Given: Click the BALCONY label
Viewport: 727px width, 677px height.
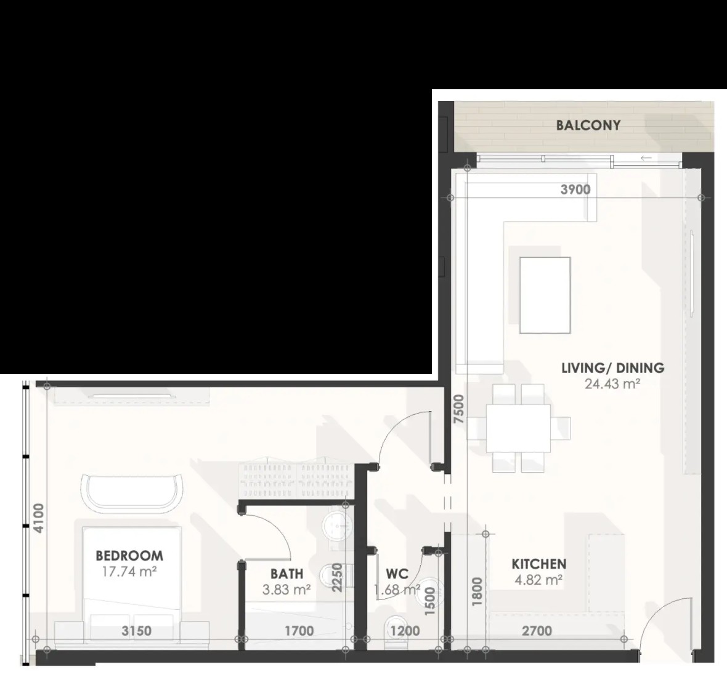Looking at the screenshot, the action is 588,125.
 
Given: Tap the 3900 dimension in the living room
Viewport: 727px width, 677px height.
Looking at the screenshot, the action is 575,190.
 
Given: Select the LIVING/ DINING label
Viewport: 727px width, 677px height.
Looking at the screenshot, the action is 613,368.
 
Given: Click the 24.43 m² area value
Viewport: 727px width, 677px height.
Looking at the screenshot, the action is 612,384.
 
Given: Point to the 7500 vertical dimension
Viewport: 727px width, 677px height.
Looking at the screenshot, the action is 459,409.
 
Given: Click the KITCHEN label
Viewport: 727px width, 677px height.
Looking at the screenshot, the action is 538,564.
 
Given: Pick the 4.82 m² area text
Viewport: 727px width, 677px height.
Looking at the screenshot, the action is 538,580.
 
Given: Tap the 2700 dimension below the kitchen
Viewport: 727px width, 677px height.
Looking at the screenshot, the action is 537,631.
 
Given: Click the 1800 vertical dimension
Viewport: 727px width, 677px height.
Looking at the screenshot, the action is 478,591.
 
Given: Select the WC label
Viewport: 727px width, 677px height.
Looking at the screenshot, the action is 397,574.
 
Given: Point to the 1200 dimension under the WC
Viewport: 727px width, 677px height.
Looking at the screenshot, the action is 405,631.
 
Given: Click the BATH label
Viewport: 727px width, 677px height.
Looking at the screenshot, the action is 286,574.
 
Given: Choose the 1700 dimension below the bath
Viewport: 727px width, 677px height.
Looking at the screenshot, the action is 299,631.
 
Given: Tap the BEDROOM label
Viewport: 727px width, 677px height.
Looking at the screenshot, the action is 129,555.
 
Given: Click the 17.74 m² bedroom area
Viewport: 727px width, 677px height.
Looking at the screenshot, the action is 129,571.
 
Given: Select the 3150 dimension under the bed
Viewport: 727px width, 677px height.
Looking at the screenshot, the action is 136,631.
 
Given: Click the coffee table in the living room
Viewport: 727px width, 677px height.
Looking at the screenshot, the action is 545,295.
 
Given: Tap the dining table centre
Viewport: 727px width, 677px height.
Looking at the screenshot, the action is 518,428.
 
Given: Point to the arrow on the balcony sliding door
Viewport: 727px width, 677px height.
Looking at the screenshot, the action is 646,158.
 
